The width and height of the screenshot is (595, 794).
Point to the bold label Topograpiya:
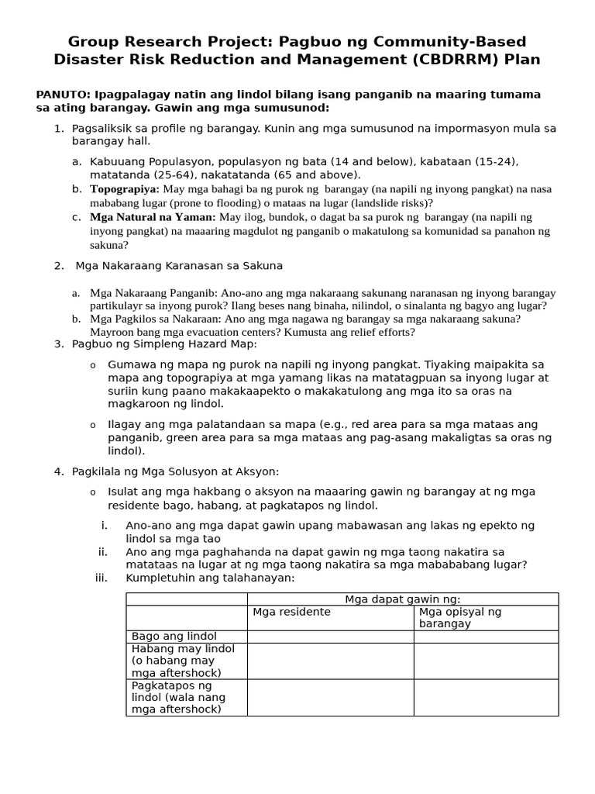[x=125, y=189]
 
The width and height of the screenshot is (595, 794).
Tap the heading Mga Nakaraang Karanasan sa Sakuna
[x=179, y=266]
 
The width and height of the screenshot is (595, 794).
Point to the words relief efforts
[x=379, y=332]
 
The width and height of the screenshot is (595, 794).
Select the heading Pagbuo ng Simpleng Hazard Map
[x=164, y=344]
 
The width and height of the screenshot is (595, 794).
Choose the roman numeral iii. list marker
[x=102, y=578]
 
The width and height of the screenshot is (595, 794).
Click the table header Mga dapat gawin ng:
[x=402, y=599]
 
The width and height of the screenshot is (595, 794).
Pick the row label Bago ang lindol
[x=163, y=637]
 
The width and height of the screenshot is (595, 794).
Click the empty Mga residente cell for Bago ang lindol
[x=330, y=637]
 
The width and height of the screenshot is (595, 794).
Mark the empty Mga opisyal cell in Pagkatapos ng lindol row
[x=486, y=697]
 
